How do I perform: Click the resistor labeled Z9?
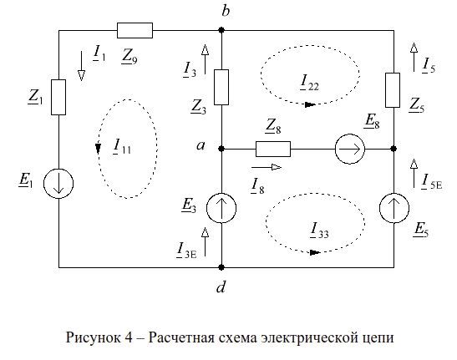(135, 30)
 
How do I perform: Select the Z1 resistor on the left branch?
(58, 97)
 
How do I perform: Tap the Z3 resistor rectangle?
(221, 87)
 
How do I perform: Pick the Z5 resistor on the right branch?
(393, 90)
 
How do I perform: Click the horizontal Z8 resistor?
(273, 149)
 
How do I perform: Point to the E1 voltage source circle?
(58, 184)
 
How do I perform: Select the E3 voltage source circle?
(221, 208)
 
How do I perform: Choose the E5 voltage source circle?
(394, 208)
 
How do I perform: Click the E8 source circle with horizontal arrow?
(350, 149)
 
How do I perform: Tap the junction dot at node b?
(221, 30)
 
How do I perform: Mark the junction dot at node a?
(221, 149)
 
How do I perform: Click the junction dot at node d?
(221, 266)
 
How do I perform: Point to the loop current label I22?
(309, 83)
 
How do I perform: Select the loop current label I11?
(122, 146)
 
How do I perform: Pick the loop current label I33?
(319, 231)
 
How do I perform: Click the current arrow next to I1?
(81, 66)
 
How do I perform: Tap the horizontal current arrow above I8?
(267, 167)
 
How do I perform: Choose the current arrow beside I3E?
(205, 241)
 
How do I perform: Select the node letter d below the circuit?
(221, 286)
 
